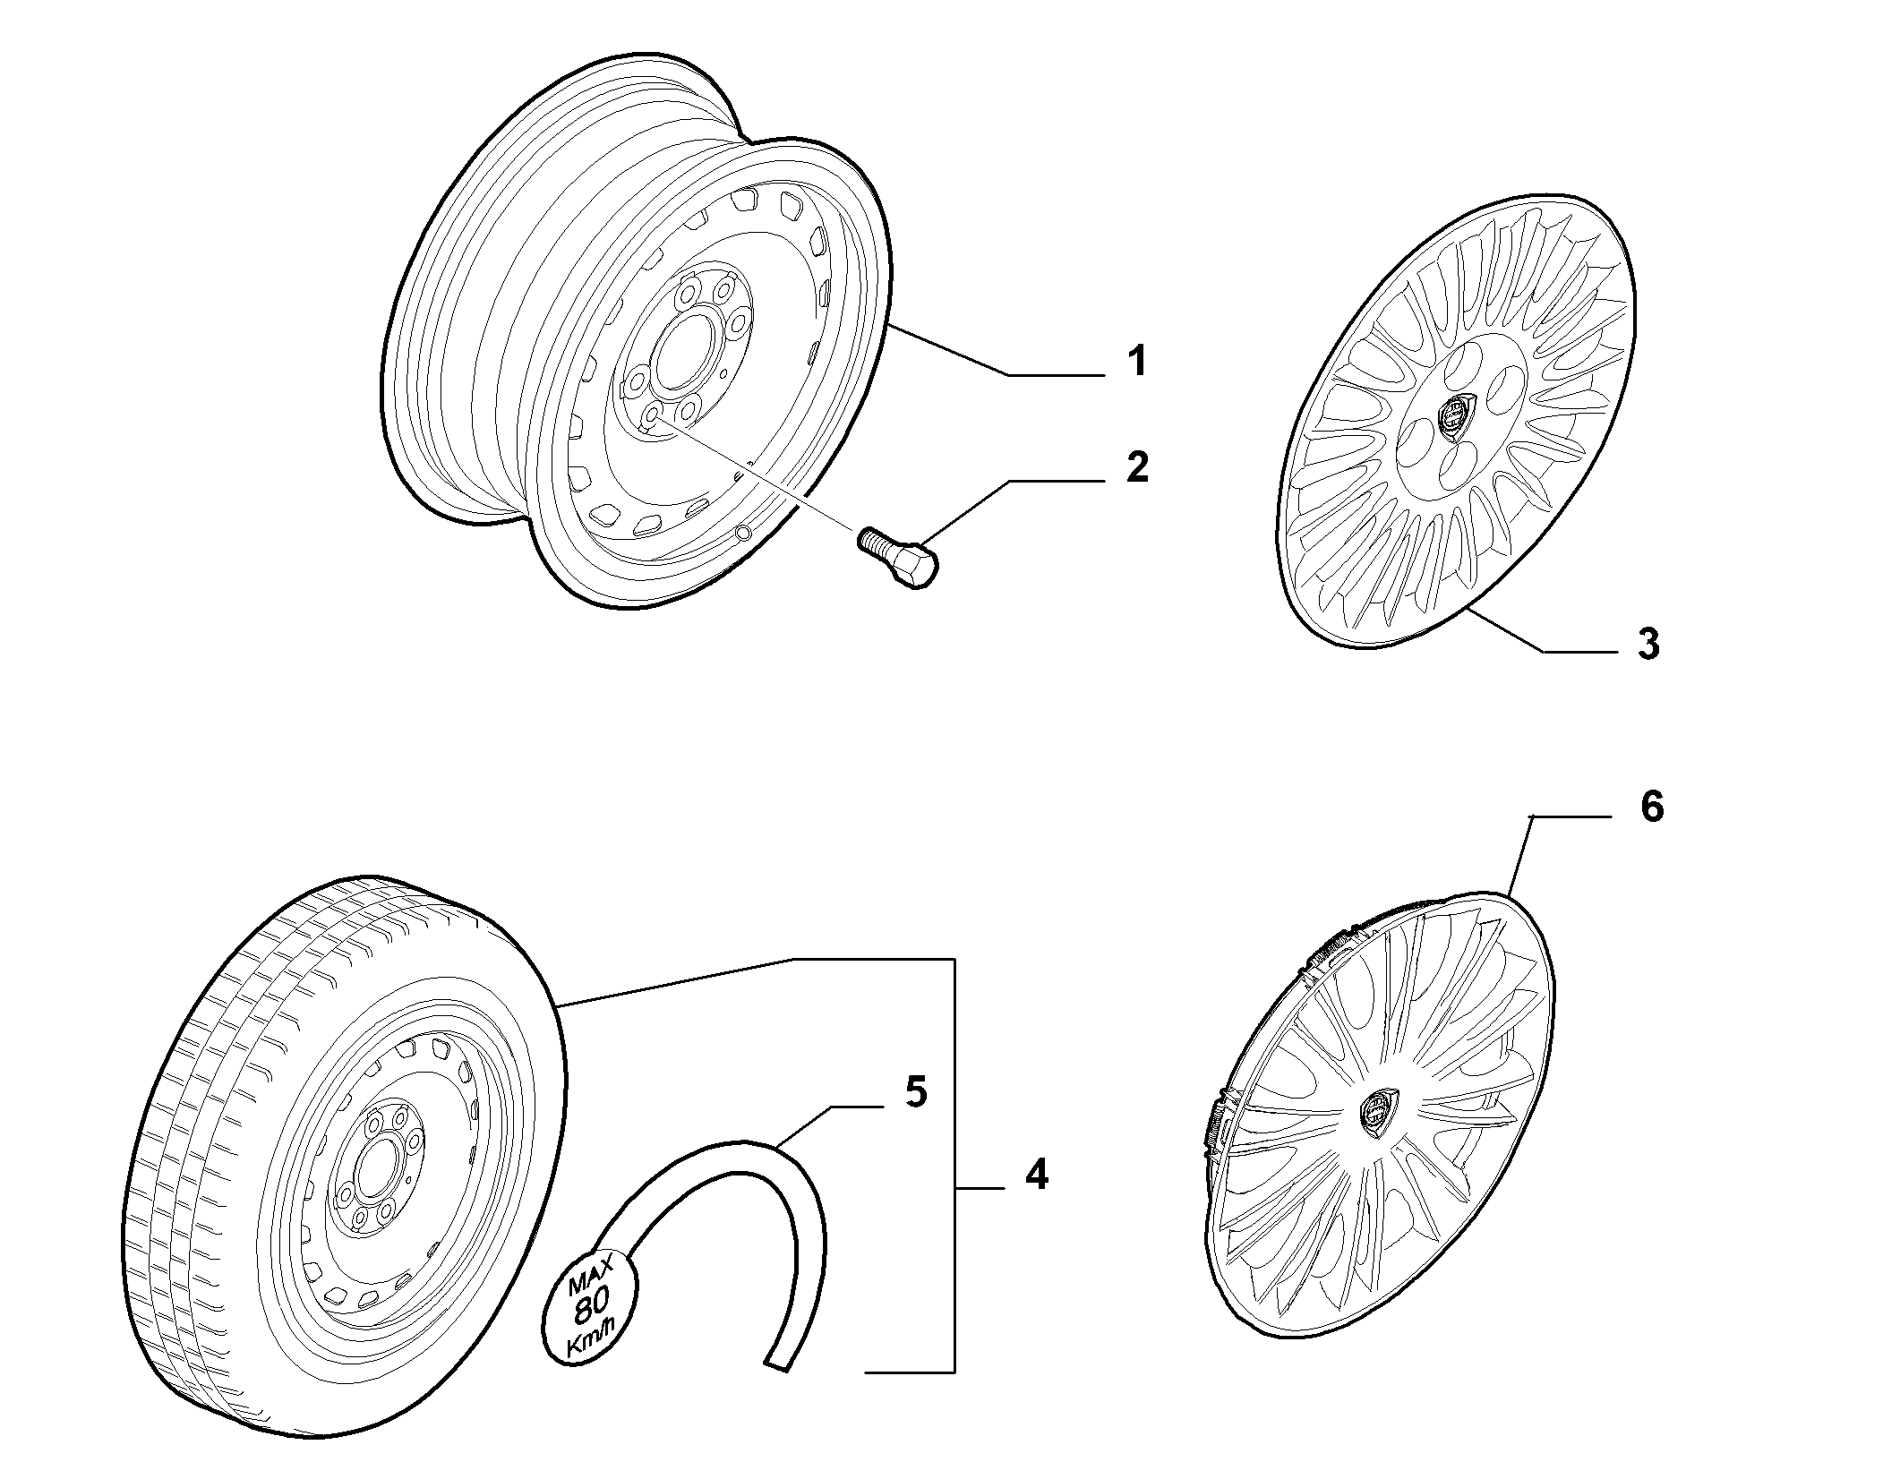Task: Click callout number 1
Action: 1136,363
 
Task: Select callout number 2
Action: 1137,467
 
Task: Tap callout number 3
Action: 1648,644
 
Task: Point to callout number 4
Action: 1036,1174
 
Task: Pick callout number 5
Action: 915,1091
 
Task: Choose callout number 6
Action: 1652,807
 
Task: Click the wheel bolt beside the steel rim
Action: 898,556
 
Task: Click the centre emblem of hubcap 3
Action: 1455,418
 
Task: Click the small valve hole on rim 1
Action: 742,535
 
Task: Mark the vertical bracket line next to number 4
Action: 955,1177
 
